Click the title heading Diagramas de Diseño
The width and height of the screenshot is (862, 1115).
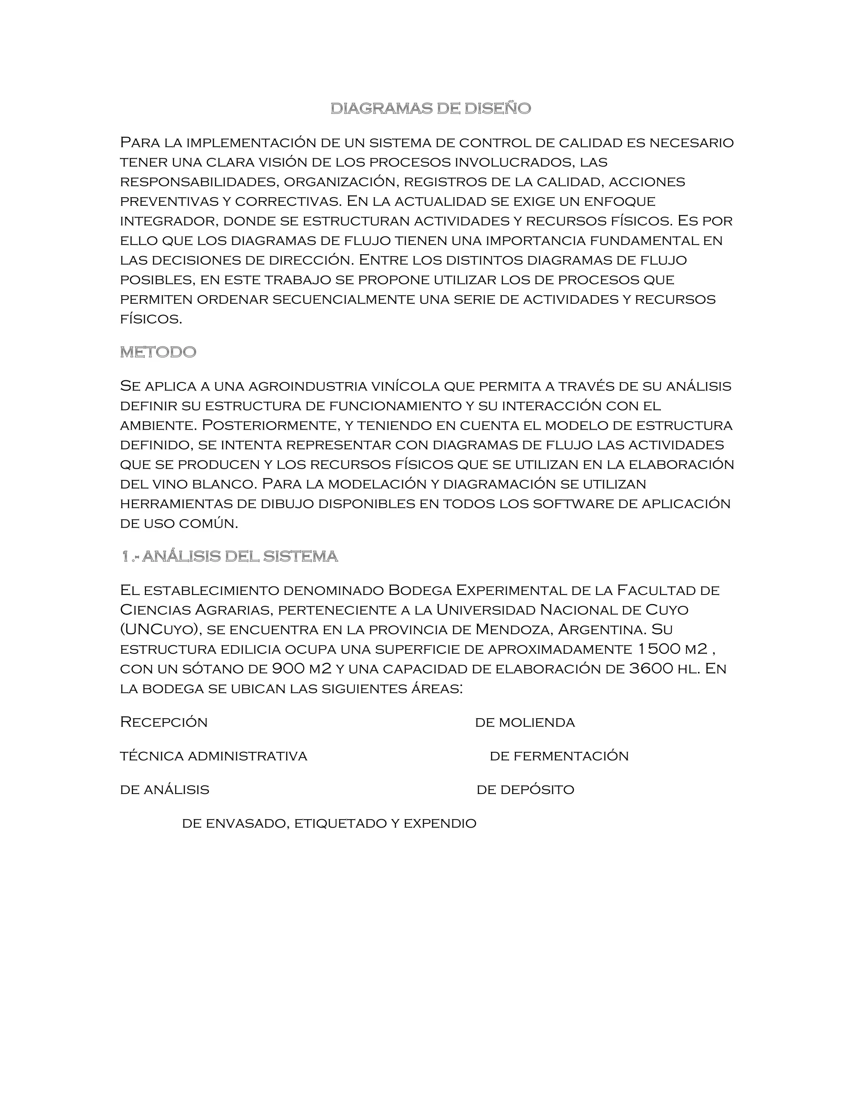pos(431,108)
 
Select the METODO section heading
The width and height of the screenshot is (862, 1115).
pos(158,352)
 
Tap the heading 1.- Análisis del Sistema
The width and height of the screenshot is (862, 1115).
pos(229,557)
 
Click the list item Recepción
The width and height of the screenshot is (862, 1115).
pos(164,722)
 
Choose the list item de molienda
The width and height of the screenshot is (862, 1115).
pos(524,722)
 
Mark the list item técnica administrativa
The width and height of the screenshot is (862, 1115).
pos(213,756)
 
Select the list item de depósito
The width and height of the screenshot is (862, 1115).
pos(525,790)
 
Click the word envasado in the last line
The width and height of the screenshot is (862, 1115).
pos(247,823)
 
